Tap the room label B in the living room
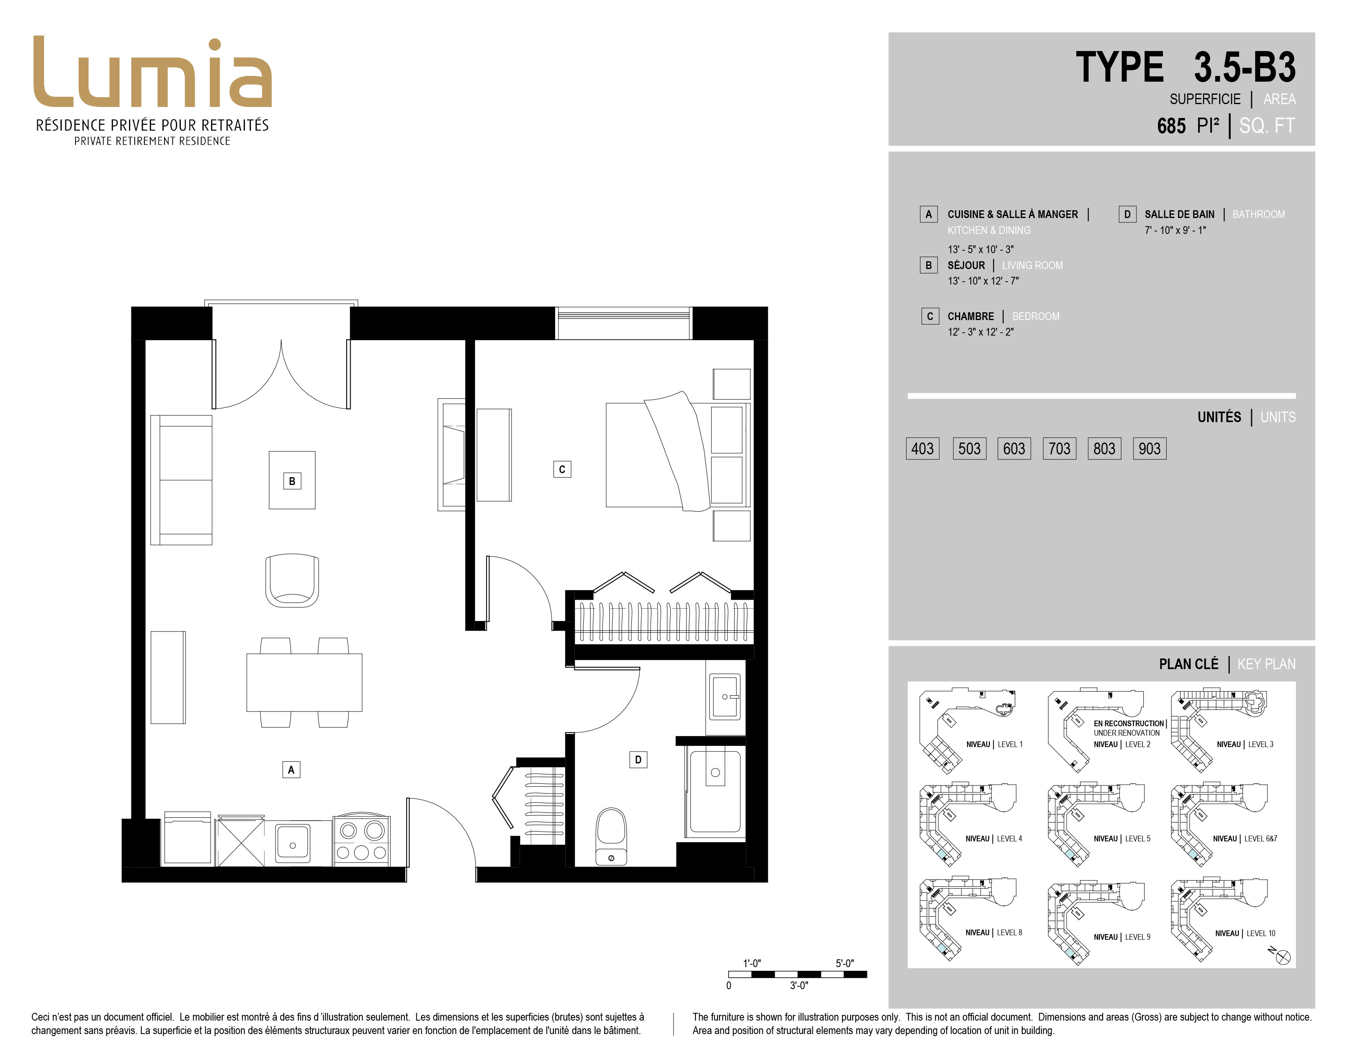(x=292, y=481)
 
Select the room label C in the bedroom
(x=562, y=469)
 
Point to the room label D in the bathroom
(x=638, y=760)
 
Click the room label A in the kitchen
(x=291, y=770)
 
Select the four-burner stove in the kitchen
(x=361, y=840)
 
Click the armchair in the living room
(x=292, y=581)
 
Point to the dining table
(x=304, y=682)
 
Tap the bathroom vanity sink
(x=725, y=697)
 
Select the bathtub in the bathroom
(x=715, y=792)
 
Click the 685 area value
(x=1171, y=126)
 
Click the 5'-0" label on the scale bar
(x=845, y=963)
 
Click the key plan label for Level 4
(x=994, y=839)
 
